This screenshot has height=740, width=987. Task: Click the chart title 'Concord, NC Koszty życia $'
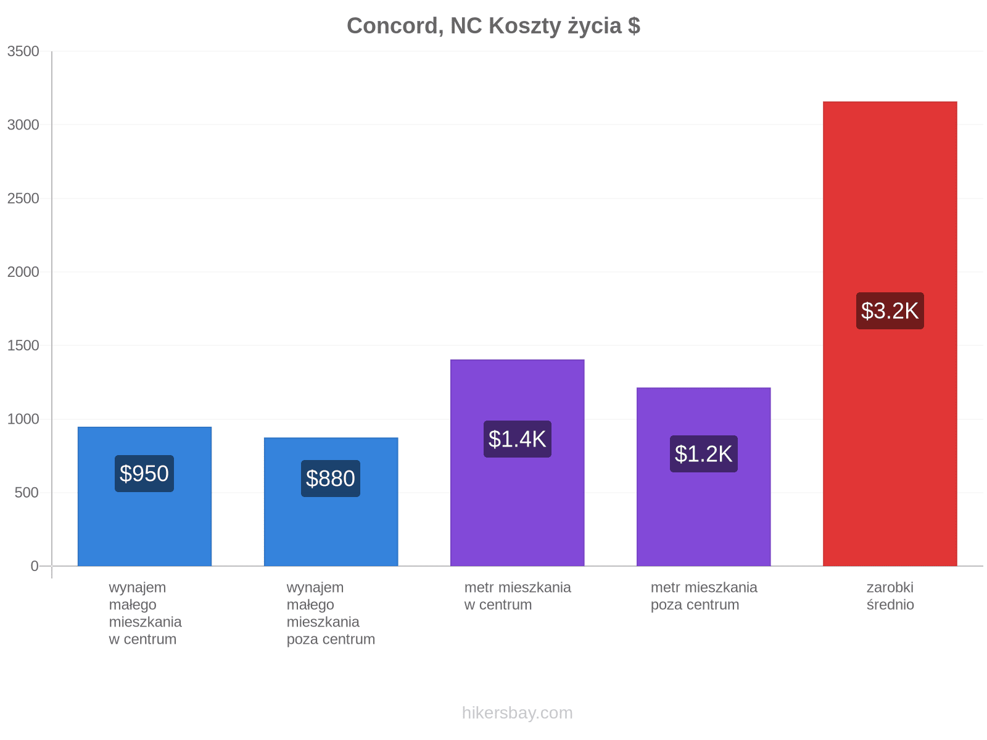pos(493,26)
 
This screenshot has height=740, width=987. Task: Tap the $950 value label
pos(144,474)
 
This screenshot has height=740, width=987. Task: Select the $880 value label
pos(331,479)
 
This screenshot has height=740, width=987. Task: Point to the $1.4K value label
pos(517,439)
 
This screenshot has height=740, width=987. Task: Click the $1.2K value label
pos(704,454)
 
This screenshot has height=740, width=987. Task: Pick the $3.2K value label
pos(890,311)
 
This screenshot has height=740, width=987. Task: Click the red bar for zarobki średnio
pos(890,334)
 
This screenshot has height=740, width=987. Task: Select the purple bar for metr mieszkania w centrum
pos(517,462)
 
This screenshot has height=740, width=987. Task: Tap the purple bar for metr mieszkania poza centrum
pos(704,477)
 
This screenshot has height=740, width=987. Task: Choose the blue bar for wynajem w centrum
pos(144,496)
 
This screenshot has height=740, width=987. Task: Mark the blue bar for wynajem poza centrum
pos(331,502)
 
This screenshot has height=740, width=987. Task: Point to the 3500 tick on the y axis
pos(23,51)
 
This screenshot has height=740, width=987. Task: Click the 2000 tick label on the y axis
pos(23,272)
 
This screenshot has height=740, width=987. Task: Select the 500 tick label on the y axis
pos(27,493)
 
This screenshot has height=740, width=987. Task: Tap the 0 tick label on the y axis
pos(35,566)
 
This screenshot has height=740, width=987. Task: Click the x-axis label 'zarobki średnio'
pos(890,596)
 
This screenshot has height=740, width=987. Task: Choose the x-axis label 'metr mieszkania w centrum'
pos(518,596)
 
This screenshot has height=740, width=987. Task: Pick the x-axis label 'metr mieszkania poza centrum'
pos(704,596)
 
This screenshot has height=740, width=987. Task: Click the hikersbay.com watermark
pos(517,713)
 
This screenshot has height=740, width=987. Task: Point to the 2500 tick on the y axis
pos(23,198)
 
